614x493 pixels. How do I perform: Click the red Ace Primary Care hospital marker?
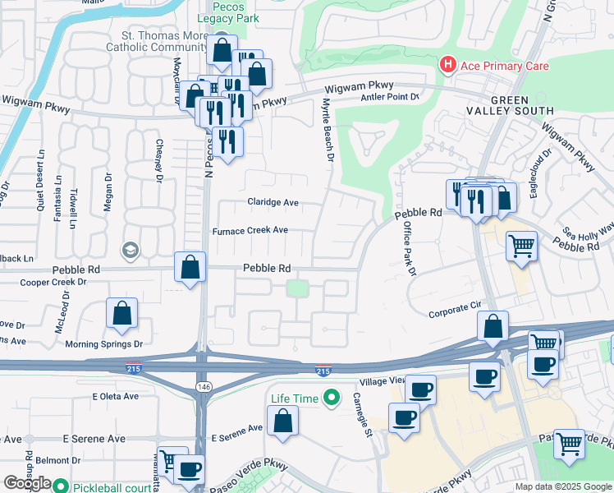tap(447, 64)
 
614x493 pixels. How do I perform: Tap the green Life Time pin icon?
tap(331, 399)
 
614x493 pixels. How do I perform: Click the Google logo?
tap(26, 483)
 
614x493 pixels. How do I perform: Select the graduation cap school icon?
tap(129, 249)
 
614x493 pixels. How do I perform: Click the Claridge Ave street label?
tap(273, 202)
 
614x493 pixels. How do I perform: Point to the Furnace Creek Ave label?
tap(250, 231)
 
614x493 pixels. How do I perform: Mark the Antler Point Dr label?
tap(390, 97)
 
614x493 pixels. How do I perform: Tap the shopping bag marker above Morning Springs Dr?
tap(121, 314)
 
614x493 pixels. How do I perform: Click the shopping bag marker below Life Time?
tap(282, 422)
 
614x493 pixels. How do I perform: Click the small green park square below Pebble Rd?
tap(297, 288)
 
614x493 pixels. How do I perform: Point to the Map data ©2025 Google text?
tap(562, 486)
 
